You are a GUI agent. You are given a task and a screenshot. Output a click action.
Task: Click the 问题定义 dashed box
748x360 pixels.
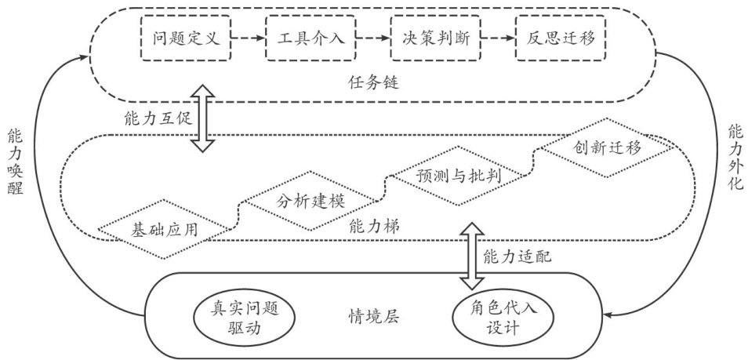(187, 37)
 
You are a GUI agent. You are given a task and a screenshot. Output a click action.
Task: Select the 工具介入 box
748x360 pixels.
(310, 37)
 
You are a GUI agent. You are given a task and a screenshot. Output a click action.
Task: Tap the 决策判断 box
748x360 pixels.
(434, 37)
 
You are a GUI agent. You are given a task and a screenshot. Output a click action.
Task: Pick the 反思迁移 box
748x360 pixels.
(560, 37)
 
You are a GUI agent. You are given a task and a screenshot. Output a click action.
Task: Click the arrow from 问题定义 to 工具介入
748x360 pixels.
(249, 37)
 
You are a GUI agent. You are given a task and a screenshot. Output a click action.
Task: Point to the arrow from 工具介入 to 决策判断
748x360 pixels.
(372, 37)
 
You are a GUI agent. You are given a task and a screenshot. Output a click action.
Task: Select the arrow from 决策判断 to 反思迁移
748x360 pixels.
(497, 37)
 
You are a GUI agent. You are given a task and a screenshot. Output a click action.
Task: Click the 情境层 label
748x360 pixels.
(373, 318)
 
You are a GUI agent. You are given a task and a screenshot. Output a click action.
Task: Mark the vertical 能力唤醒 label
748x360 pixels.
(17, 162)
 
